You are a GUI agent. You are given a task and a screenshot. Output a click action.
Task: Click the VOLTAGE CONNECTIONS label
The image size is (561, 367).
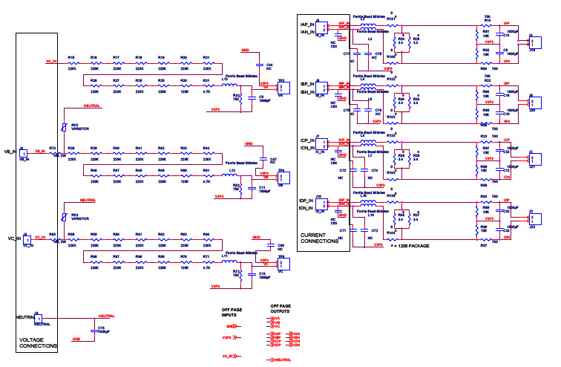tap(36, 342)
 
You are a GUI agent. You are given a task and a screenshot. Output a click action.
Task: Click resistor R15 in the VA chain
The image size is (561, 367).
tap(72, 65)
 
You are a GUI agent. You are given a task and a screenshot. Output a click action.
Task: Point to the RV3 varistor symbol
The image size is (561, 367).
tap(65, 218)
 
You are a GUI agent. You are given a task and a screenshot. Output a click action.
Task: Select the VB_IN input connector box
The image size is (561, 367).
tap(25, 154)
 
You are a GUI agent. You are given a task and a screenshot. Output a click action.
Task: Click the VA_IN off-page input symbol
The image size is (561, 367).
tap(231, 357)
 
